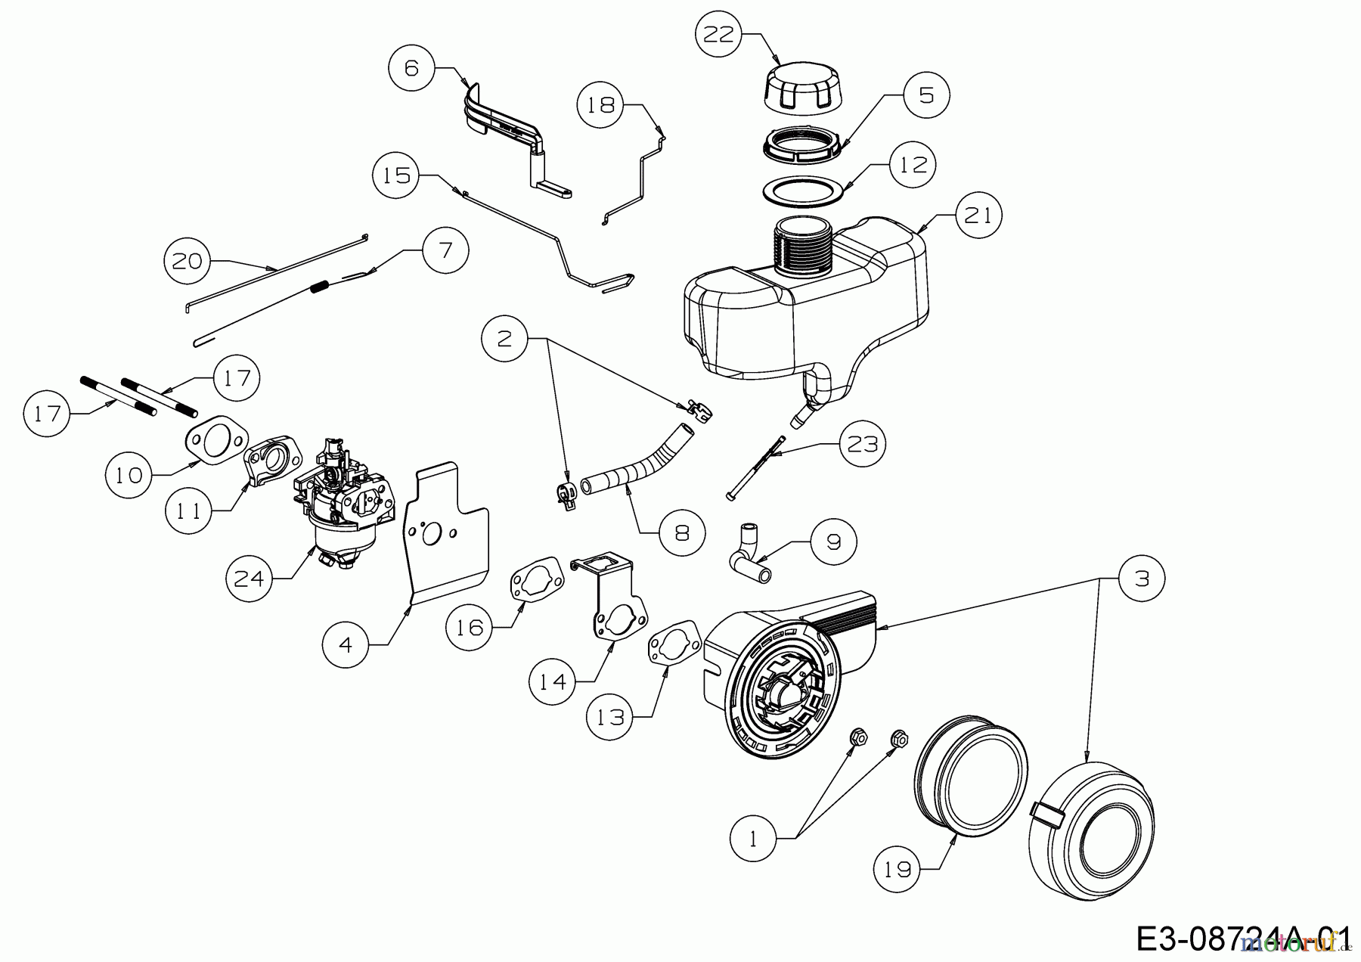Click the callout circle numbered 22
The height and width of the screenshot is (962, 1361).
pyautogui.click(x=719, y=35)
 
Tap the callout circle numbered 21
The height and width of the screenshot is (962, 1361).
pyautogui.click(x=978, y=216)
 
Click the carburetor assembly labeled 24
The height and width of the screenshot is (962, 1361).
pyautogui.click(x=343, y=504)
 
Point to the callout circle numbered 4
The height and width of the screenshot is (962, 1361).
pyautogui.click(x=345, y=644)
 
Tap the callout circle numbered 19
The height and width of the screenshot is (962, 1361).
pyautogui.click(x=898, y=870)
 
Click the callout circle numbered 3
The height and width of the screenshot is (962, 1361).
pyautogui.click(x=1142, y=579)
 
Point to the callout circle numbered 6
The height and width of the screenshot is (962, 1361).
pyautogui.click(x=411, y=68)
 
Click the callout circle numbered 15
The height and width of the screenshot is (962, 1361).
pyautogui.click(x=396, y=175)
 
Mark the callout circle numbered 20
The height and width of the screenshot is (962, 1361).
pyautogui.click(x=188, y=261)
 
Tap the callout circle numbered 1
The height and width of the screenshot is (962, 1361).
pyautogui.click(x=753, y=839)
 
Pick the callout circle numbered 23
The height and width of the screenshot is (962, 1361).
pyautogui.click(x=863, y=443)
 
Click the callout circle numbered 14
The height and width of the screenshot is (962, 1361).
pyautogui.click(x=552, y=681)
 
